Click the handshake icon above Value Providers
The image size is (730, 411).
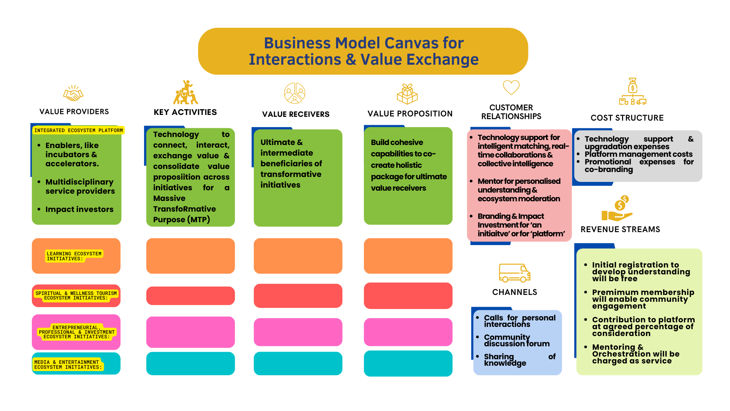[73, 93]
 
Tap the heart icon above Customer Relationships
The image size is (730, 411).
[511, 87]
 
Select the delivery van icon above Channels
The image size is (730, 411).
[514, 273]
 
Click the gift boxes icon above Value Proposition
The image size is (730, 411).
[407, 94]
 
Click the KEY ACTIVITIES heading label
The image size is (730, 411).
[185, 112]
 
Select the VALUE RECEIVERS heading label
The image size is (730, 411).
[295, 114]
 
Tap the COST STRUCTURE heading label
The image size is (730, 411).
[627, 118]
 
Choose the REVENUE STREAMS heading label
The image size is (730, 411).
[620, 229]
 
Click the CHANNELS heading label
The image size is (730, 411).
[514, 292]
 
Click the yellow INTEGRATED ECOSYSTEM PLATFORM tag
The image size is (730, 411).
[79, 131]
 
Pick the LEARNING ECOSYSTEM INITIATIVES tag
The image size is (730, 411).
[74, 256]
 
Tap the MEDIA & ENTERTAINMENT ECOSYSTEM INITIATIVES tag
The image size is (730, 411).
[68, 365]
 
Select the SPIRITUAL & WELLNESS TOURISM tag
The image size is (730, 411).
[76, 296]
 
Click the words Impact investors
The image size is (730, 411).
[79, 209]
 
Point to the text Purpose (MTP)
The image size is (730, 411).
[181, 220]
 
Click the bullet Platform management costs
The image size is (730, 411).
[638, 154]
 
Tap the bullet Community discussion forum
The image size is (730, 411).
[516, 340]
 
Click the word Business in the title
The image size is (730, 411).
[298, 43]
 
